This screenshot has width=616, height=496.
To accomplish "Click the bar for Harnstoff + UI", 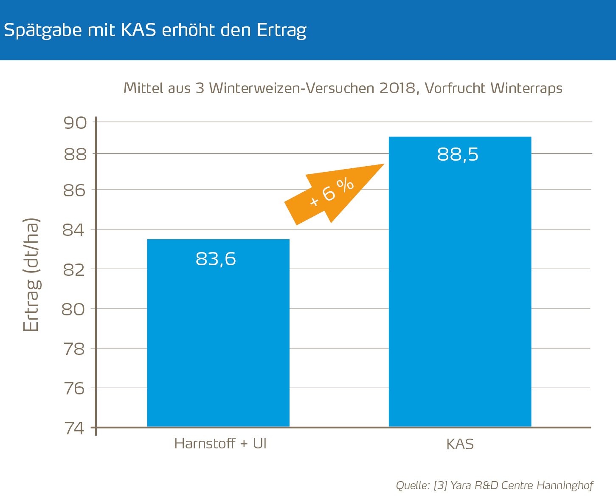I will [218, 340].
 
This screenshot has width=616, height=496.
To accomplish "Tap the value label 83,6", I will [216, 259].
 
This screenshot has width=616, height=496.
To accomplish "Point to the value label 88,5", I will [458, 155].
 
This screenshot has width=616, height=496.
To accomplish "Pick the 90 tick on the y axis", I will [75, 123].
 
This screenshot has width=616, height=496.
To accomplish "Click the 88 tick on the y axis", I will [75, 155].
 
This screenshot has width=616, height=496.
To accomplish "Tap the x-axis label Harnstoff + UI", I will [220, 444].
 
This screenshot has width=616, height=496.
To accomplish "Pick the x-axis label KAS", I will [460, 445].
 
